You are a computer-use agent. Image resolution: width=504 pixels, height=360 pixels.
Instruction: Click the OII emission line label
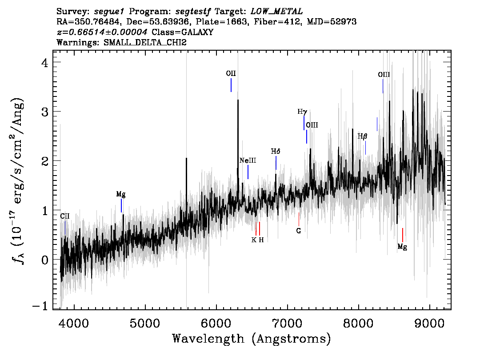pyautogui.click(x=231, y=74)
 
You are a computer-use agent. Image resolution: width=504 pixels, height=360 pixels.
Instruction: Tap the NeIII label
pyautogui.click(x=248, y=160)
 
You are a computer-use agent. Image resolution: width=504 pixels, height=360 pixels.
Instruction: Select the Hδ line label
pyautogui.click(x=276, y=151)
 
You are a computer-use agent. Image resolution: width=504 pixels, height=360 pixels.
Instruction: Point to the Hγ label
pyautogui.click(x=302, y=112)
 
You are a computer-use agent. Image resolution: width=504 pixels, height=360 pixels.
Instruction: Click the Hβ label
pyautogui.click(x=362, y=136)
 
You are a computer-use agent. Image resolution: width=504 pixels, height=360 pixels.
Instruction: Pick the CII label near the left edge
pyautogui.click(x=65, y=216)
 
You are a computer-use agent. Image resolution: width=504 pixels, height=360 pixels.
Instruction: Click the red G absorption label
pyautogui.click(x=299, y=231)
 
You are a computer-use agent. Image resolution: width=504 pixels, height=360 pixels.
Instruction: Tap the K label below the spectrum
pyautogui.click(x=254, y=240)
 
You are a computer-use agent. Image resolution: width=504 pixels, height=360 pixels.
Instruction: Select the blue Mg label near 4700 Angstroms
pyautogui.click(x=121, y=195)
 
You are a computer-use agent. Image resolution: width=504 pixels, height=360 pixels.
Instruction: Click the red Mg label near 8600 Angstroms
pyautogui.click(x=402, y=247)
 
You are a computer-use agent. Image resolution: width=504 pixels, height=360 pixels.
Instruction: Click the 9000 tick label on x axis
pyautogui.click(x=429, y=323)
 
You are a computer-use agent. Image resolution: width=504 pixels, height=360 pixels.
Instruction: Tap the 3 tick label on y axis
pyautogui.click(x=45, y=112)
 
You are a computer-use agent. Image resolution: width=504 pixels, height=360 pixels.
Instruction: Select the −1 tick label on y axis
pyautogui.click(x=40, y=306)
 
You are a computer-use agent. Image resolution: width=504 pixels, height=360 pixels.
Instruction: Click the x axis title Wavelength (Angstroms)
pyautogui.click(x=252, y=339)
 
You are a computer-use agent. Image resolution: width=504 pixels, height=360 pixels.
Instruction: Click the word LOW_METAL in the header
pyautogui.click(x=276, y=12)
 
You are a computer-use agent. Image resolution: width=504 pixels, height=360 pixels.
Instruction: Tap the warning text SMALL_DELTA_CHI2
pyautogui.click(x=145, y=42)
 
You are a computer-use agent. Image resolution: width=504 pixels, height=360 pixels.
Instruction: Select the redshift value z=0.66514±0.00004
pyautogui.click(x=102, y=32)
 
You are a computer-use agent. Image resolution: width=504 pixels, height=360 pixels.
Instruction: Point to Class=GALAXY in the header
pyautogui.click(x=183, y=32)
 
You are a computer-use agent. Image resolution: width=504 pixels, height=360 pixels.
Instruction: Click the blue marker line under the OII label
pyautogui.click(x=231, y=85)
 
